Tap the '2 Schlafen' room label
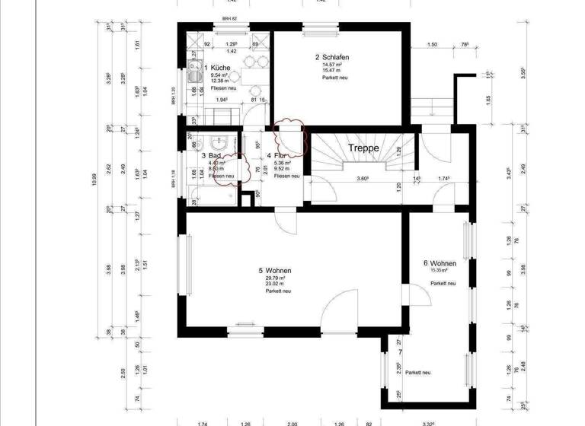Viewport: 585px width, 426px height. pyautogui.click(x=333, y=57)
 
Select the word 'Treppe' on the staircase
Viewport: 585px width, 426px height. pyautogui.click(x=364, y=148)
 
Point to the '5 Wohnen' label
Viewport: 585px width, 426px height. pyautogui.click(x=275, y=271)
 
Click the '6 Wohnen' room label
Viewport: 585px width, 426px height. pyautogui.click(x=440, y=263)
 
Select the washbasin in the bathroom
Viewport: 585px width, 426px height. pyautogui.click(x=219, y=141)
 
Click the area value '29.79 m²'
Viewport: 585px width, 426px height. pyautogui.click(x=272, y=278)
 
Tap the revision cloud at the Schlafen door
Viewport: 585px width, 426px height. pyautogui.click(x=289, y=134)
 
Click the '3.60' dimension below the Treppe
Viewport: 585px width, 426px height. pyautogui.click(x=363, y=180)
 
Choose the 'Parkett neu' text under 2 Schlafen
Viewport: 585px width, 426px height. pyautogui.click(x=334, y=78)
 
